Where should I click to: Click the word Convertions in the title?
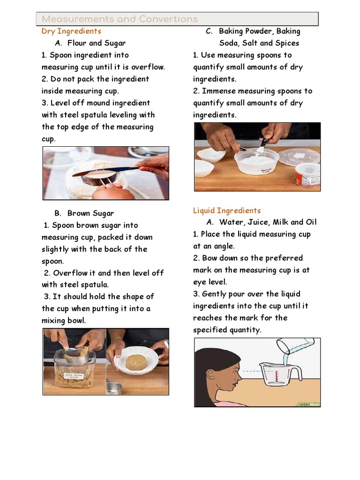tap(168, 19)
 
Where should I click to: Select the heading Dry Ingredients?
tap(71, 31)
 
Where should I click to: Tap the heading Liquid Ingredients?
tap(227, 210)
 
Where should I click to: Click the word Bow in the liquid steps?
tap(210, 258)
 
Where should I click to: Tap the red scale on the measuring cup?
tap(277, 376)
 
